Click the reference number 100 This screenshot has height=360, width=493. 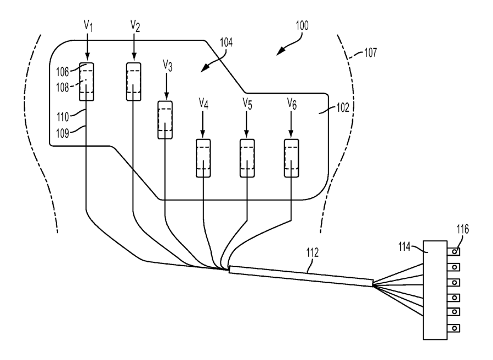[302, 25]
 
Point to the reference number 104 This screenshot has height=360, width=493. [226, 42]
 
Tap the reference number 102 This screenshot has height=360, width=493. [343, 108]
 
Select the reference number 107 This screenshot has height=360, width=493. [370, 53]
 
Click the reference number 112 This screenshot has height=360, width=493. [312, 253]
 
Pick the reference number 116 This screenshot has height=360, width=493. [462, 230]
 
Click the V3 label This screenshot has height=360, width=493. [168, 66]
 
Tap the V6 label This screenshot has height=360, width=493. [292, 104]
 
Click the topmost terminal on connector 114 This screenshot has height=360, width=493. [454, 252]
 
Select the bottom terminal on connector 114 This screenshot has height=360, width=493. [454, 328]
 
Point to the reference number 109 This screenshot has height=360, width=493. [63, 133]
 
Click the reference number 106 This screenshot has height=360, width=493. [63, 72]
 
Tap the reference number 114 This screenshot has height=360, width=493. [405, 247]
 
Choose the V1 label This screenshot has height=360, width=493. [88, 26]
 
